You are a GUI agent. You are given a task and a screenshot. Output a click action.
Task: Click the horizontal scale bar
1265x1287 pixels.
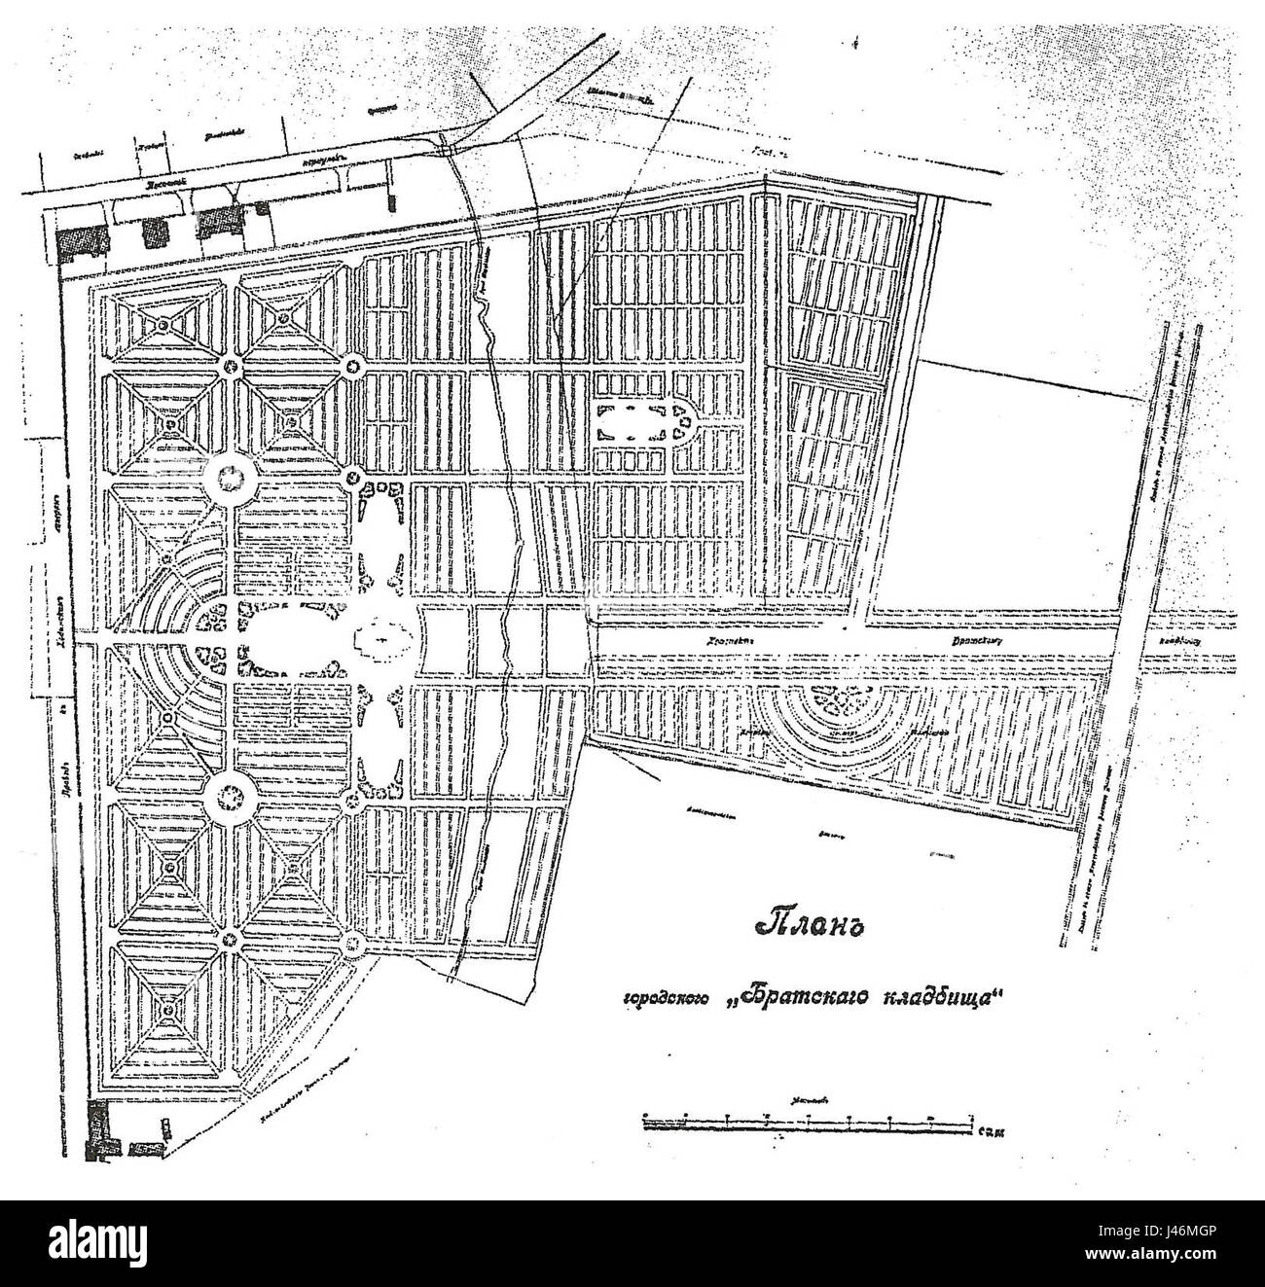pos(808,1126)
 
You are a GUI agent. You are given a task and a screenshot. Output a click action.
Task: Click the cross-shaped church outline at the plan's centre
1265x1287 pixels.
pos(383,639)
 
